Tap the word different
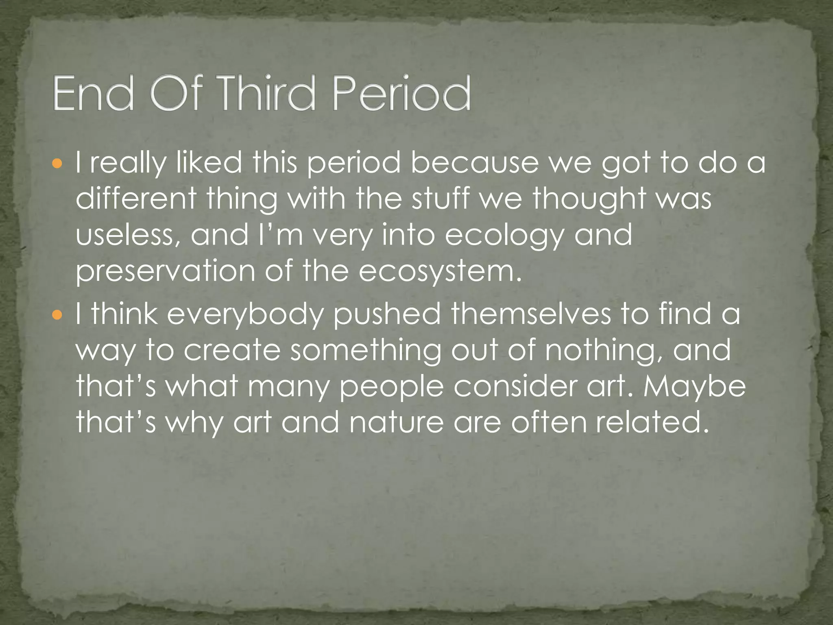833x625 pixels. [136, 199]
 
